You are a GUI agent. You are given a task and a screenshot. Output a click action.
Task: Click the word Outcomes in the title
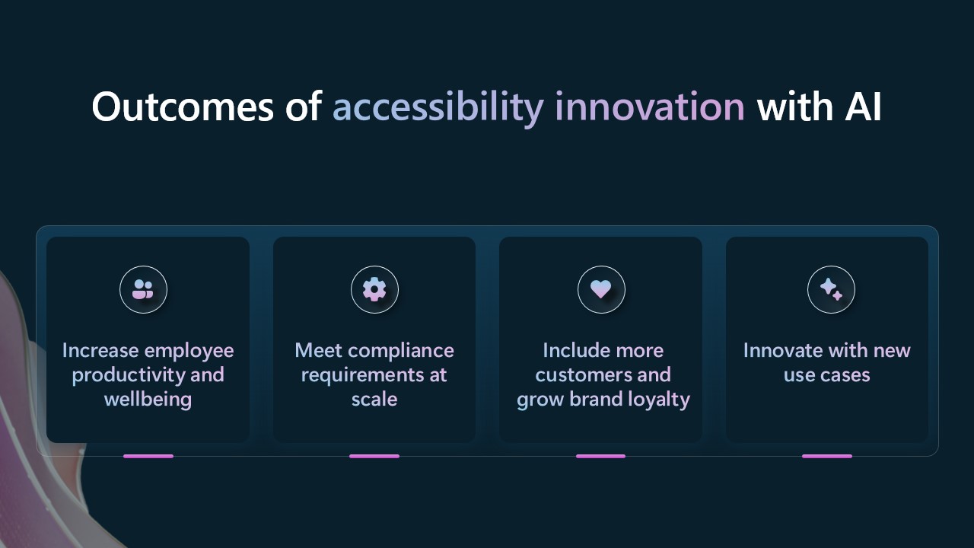[180, 107]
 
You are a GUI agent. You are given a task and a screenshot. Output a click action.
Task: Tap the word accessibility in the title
[437, 107]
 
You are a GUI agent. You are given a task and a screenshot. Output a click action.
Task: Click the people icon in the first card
[143, 289]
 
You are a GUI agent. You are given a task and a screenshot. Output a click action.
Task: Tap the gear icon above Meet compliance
[374, 289]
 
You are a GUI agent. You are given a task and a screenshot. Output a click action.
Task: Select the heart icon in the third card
[601, 289]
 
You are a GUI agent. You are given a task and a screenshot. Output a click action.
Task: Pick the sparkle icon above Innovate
[831, 289]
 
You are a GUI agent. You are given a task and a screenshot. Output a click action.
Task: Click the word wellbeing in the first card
[148, 400]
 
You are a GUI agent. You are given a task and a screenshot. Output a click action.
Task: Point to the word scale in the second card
[374, 400]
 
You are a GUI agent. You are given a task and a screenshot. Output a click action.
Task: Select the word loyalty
[657, 400]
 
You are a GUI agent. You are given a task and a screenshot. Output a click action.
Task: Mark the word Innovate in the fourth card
[781, 351]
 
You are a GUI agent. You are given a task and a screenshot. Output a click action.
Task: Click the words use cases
[827, 375]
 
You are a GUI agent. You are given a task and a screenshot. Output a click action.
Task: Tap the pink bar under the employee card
[148, 456]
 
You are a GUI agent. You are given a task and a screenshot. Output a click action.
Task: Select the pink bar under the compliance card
[374, 456]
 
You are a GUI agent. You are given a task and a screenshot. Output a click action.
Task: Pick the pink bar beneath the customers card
[600, 456]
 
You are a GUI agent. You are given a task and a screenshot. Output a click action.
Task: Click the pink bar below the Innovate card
[827, 456]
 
